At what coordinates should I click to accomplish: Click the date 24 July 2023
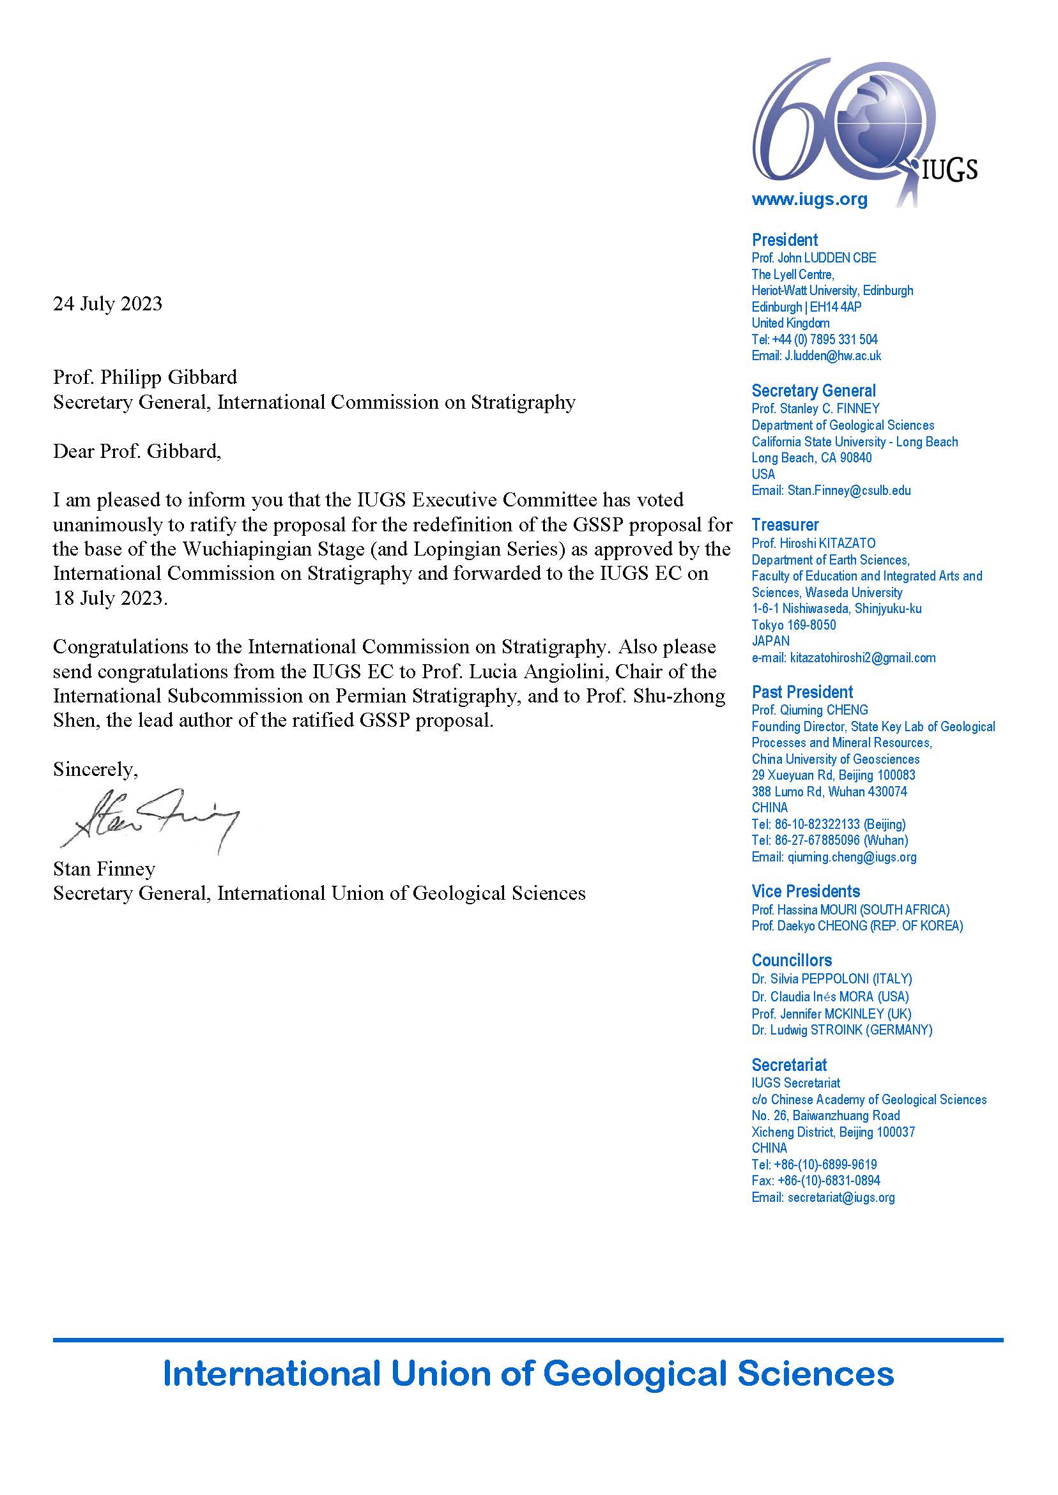[x=107, y=304]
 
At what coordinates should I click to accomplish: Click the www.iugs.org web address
[x=809, y=199]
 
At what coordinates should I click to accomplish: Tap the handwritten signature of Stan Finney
[x=150, y=820]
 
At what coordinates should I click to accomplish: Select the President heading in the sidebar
[x=785, y=239]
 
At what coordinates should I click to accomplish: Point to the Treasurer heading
[x=785, y=525]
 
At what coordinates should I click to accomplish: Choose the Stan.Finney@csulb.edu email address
[x=849, y=490]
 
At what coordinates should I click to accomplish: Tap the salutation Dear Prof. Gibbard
[x=137, y=452]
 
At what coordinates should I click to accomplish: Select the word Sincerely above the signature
[x=95, y=770]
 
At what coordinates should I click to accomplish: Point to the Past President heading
[x=802, y=692]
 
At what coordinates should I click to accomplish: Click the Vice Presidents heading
[x=805, y=891]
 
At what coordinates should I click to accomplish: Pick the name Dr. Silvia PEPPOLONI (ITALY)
[x=831, y=978]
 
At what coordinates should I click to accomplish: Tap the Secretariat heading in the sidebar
[x=789, y=1065]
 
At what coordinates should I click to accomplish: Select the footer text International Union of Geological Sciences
[x=528, y=1374]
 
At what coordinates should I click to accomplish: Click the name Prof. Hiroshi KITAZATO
[x=813, y=543]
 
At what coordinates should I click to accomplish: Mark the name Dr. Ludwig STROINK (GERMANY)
[x=841, y=1029]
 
